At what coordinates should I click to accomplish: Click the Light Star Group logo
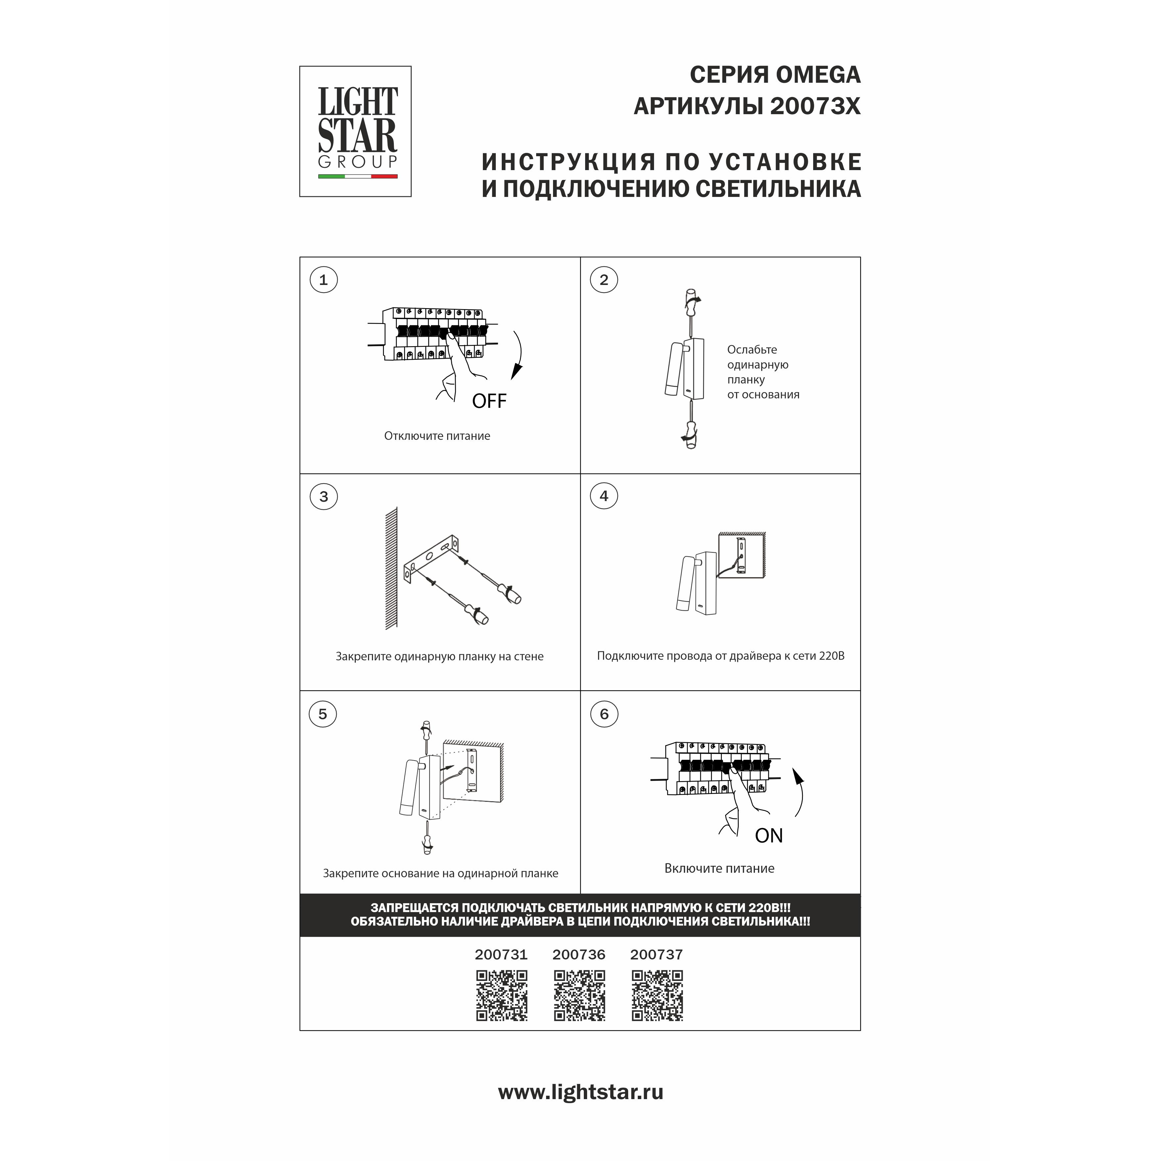(x=355, y=131)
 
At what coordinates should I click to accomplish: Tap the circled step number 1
(x=323, y=280)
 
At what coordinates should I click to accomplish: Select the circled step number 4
(x=604, y=496)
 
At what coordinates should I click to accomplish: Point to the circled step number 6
(x=604, y=714)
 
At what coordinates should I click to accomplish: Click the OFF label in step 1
(x=489, y=401)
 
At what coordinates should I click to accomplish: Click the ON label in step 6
(x=768, y=835)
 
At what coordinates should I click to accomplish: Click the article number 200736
(x=579, y=954)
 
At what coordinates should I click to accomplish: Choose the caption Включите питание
(x=719, y=868)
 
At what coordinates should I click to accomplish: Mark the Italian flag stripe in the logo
(x=357, y=177)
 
